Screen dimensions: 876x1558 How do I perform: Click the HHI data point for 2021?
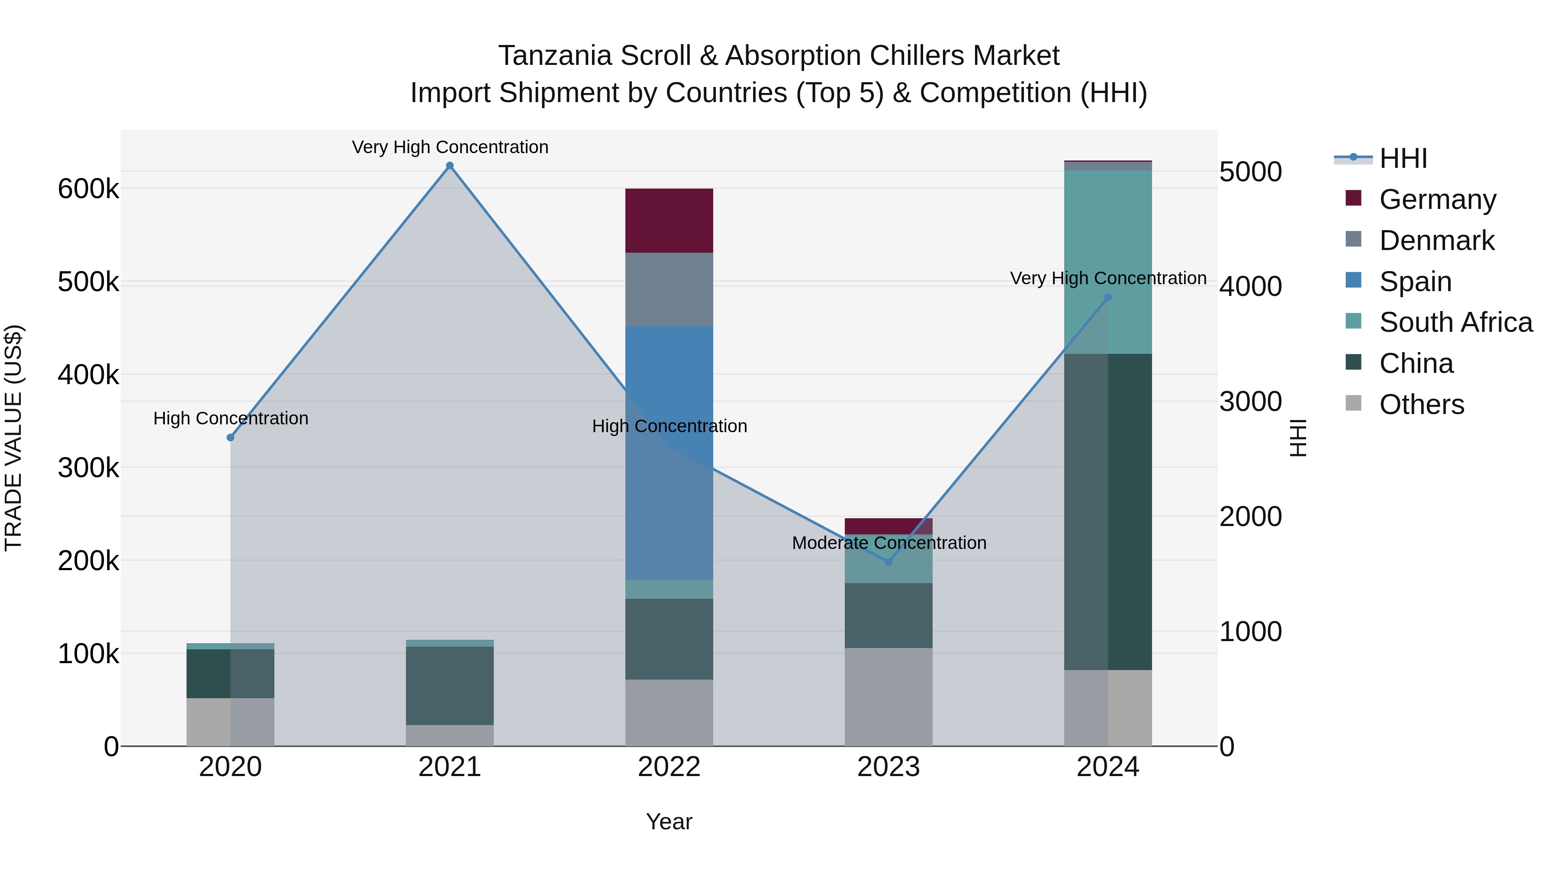449,166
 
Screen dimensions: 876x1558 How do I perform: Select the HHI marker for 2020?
230,437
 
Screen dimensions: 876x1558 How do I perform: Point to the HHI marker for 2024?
1108,298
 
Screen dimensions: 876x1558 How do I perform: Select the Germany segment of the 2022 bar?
669,221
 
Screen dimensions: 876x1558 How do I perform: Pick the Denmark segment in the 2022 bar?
669,289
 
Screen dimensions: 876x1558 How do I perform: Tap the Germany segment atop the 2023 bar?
888,525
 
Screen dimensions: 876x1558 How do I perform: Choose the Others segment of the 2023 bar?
888,697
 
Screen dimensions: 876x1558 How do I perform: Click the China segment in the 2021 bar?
449,686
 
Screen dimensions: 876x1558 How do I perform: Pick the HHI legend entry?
1403,158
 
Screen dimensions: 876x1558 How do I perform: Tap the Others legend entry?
1421,404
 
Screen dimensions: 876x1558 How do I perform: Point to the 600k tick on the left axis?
88,189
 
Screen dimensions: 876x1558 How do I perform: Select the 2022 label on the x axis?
669,767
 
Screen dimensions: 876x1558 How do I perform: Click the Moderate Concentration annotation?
889,543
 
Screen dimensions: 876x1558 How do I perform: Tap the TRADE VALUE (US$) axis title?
13,438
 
